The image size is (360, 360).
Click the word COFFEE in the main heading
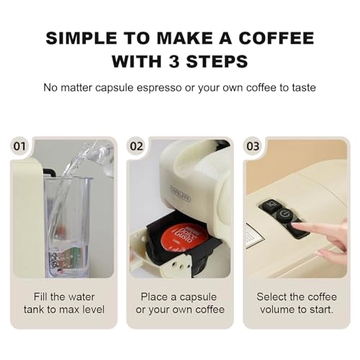click(x=276, y=38)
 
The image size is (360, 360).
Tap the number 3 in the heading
click(x=174, y=61)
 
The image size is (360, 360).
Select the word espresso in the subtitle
click(x=159, y=88)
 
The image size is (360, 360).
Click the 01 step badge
click(x=19, y=146)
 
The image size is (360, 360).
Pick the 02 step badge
click(x=136, y=146)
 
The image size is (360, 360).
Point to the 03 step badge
click(x=253, y=146)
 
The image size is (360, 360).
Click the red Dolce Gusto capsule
click(x=184, y=238)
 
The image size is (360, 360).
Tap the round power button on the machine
click(x=284, y=215)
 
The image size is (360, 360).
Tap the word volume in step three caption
click(x=277, y=310)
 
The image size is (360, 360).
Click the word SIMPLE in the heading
click(x=81, y=38)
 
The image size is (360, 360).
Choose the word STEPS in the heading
click(x=217, y=61)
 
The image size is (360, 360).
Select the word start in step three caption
click(x=320, y=310)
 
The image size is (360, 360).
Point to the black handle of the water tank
click(x=48, y=173)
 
